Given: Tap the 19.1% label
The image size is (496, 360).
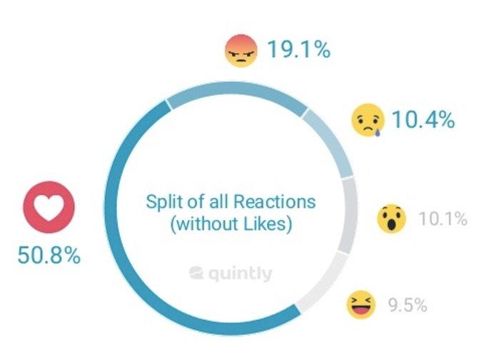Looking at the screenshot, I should (x=298, y=50).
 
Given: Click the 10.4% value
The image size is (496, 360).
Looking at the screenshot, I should (x=423, y=119).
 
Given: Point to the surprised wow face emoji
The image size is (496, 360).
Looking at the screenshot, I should (x=391, y=218).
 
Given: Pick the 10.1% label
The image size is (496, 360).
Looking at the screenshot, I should (x=442, y=218).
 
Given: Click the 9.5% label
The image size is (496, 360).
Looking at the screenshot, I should (x=408, y=306).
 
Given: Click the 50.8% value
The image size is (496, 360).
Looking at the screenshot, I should (x=49, y=255).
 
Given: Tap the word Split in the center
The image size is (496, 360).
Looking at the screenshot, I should (x=163, y=201).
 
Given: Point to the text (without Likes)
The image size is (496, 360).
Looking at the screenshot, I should (x=231, y=225).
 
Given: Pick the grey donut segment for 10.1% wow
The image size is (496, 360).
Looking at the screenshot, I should (x=349, y=214).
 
